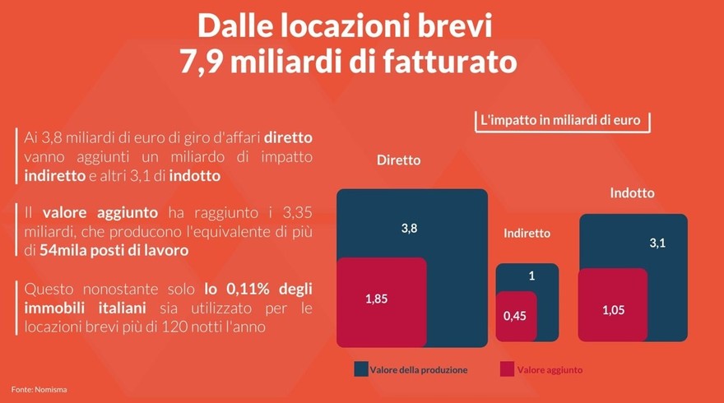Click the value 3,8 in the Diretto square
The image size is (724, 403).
tap(409, 229)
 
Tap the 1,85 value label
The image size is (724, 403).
tap(376, 299)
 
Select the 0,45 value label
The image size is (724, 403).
tap(514, 315)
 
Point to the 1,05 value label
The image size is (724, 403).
tap(612, 309)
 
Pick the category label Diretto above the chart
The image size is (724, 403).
tap(398, 160)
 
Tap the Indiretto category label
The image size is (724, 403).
tap(527, 234)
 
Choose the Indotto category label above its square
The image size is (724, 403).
tap(633, 193)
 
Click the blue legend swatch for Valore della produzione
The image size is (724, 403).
tap(360, 369)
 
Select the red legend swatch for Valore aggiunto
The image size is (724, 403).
tap(507, 369)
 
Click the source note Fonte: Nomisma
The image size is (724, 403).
tap(39, 387)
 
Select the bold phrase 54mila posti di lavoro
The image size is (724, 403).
tap(114, 250)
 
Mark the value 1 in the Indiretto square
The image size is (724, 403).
tap(531, 276)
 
